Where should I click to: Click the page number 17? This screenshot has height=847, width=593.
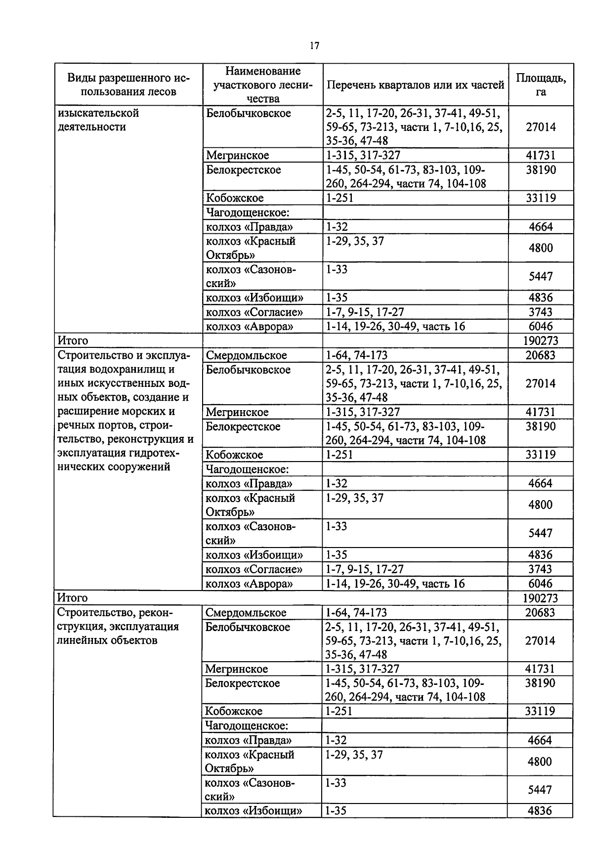pos(314,46)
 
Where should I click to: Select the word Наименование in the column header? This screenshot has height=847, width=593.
pos(263,71)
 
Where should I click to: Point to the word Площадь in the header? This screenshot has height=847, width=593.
pos(541,78)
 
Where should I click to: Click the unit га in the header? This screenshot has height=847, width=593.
pos(541,92)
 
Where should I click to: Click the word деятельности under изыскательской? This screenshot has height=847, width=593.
pos(91,127)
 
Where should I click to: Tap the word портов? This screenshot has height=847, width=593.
pos(117,425)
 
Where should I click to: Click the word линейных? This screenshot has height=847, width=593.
pos(85,640)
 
